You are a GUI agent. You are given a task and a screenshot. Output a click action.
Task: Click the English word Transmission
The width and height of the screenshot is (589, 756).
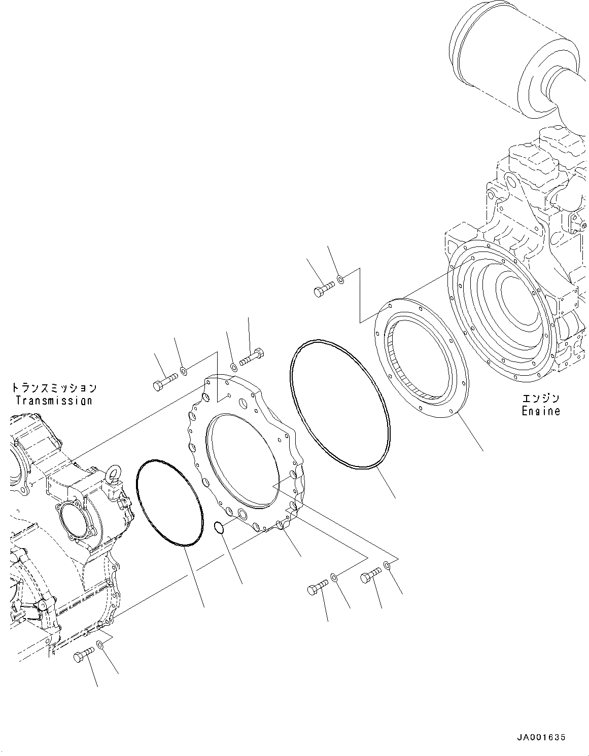click(54, 401)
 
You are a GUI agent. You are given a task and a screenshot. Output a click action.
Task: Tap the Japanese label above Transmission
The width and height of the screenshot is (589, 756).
click(54, 388)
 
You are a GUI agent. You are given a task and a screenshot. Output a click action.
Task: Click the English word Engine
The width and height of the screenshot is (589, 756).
click(541, 411)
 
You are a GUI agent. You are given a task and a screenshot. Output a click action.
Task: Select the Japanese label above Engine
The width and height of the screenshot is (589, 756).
click(541, 399)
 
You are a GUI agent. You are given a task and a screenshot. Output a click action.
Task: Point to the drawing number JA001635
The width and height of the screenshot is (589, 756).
click(541, 737)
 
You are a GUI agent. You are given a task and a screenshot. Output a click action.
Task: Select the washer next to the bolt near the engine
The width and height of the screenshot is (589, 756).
click(341, 278)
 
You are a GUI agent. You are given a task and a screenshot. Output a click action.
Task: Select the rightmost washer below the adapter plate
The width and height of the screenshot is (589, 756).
click(388, 564)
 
